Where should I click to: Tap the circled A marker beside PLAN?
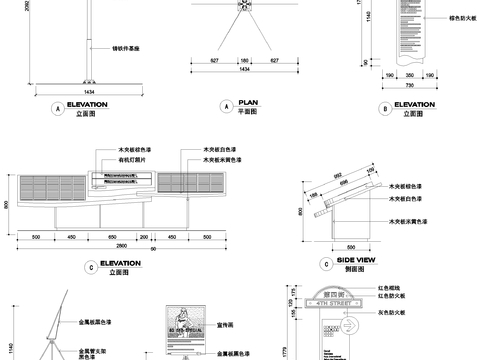(226, 106)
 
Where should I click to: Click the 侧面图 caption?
(360, 269)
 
